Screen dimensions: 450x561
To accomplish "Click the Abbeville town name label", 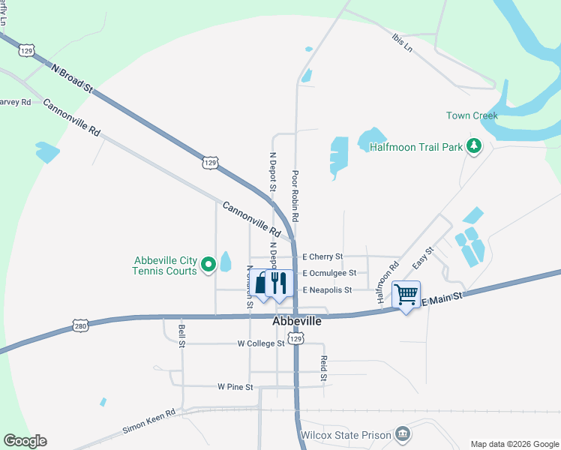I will pos(296,321).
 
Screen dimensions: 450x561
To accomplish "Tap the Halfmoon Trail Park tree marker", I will pos(473,145).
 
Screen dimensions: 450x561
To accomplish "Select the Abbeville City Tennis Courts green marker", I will pos(208,264).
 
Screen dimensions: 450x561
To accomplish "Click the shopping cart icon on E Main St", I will pos(406,295).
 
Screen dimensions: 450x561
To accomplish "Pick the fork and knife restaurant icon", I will pos(277,283).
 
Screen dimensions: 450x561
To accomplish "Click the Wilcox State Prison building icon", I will pos(403,434).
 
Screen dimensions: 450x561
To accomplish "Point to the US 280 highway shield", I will pos(80,325).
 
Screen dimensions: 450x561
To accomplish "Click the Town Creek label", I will pos(472,115).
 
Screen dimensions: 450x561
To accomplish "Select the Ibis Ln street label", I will pos(402,40).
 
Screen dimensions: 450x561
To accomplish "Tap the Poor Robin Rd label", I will pos(295,196).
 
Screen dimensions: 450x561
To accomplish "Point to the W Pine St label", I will pos(235,387).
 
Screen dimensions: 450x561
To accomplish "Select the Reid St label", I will pos(324,367).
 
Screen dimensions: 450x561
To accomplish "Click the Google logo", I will pos(25,441).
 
